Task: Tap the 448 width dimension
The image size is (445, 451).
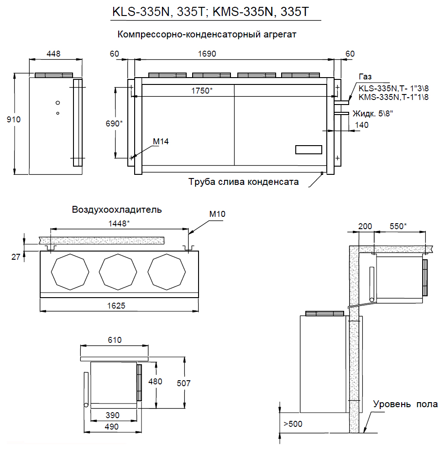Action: coord(53,53)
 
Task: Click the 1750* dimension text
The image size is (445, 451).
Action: coord(201,90)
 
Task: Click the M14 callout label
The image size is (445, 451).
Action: coord(161,142)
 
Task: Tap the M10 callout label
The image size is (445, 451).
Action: coord(217,213)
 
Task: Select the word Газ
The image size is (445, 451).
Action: coord(366,77)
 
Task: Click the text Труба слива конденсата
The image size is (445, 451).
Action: coord(244,182)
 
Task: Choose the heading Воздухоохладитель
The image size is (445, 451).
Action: coord(116,210)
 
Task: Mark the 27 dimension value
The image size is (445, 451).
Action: coord(16,257)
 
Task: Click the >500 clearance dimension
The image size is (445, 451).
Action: coord(293,424)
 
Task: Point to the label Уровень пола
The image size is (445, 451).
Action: coord(405,404)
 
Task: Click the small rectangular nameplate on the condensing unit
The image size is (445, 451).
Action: coord(309,149)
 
